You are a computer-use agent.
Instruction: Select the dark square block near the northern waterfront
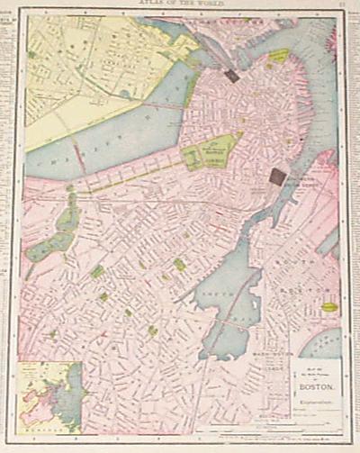click(232, 76)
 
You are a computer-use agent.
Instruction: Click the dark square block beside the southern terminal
click(278, 177)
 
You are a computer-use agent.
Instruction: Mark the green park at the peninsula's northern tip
click(279, 56)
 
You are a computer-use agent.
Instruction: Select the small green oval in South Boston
click(329, 307)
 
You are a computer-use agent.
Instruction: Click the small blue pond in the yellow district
click(123, 93)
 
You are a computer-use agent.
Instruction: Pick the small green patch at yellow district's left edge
click(32, 55)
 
